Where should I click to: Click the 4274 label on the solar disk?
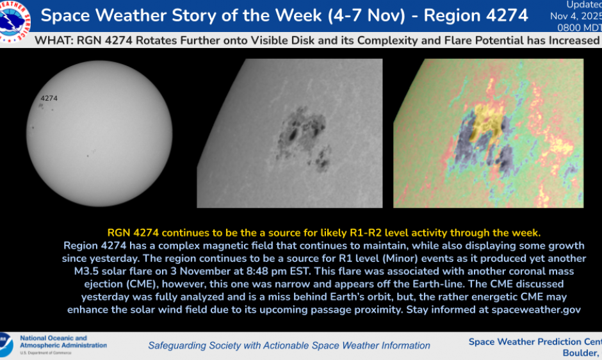(49, 99)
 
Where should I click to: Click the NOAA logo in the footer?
(6, 345)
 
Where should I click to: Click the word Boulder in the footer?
(579, 353)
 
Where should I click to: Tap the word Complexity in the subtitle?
(387, 41)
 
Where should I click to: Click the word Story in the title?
(208, 15)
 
